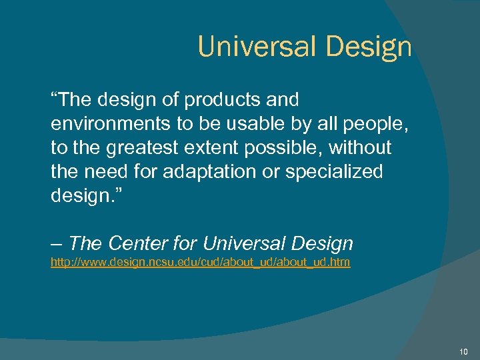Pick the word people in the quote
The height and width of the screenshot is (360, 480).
click(364, 124)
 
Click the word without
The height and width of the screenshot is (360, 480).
click(366, 148)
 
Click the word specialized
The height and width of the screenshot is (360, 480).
click(334, 172)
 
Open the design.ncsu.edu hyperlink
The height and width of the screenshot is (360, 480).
click(200, 263)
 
